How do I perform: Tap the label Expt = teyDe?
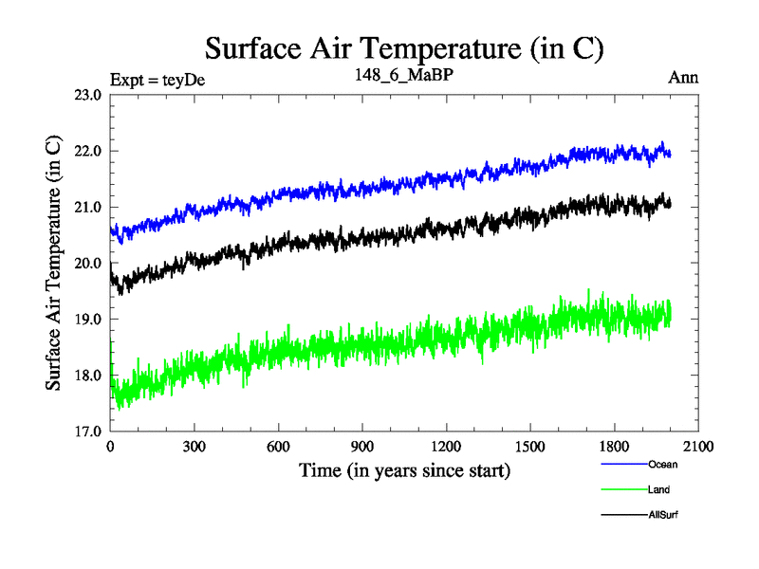[x=157, y=79]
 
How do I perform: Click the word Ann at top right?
[x=683, y=78]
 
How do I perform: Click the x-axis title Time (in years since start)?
[x=404, y=469]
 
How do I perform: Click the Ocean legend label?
[x=662, y=465]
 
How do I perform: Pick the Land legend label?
[x=659, y=489]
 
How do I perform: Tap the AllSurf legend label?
[x=663, y=514]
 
